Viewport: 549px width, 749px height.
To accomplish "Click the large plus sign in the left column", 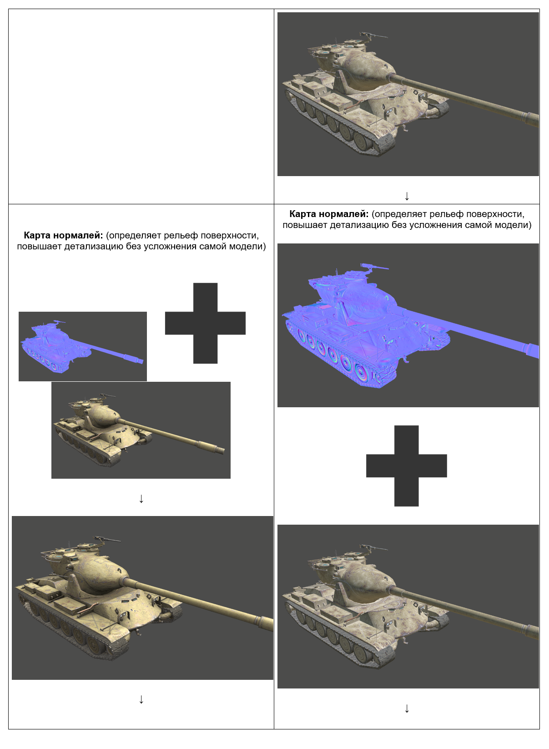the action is [205, 324].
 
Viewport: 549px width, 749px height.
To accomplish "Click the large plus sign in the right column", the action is [406, 466].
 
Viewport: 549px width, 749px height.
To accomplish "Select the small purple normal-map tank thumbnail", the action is [82, 346].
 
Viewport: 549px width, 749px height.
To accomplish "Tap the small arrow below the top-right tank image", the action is [407, 196].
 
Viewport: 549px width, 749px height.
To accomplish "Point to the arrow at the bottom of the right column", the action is [407, 708].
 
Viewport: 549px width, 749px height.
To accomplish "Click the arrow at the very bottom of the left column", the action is [141, 699].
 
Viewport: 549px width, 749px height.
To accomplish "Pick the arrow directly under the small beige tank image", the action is [141, 499].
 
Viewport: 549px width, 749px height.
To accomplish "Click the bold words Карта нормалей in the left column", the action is [63, 235].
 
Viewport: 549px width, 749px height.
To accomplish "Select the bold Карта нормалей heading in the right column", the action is [329, 214].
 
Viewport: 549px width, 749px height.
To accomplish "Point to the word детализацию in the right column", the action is [359, 225].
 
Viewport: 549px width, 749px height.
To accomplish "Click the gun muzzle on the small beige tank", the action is [221, 450].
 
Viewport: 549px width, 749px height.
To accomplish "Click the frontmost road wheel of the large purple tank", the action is [363, 373].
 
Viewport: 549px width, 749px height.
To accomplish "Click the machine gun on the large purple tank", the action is [373, 267].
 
